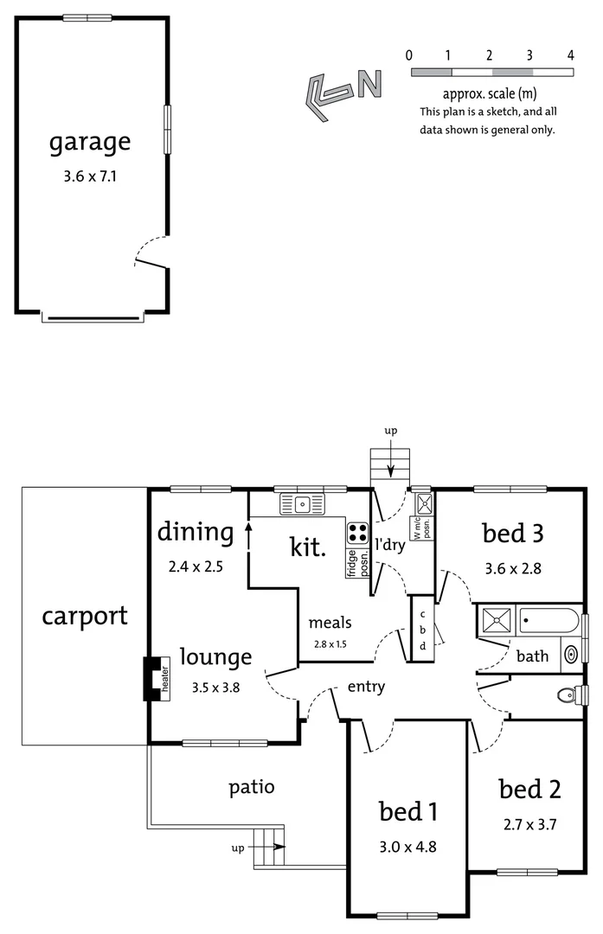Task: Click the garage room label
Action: [x=90, y=142]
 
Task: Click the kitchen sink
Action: [x=302, y=503]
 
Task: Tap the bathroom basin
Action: [x=571, y=655]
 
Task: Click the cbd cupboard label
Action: [x=422, y=630]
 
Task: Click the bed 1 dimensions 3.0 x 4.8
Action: [x=408, y=847]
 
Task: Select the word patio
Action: [x=252, y=787]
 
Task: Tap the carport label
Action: [x=85, y=616]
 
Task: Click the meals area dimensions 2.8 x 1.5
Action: [x=330, y=644]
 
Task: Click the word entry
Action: [x=366, y=688]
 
